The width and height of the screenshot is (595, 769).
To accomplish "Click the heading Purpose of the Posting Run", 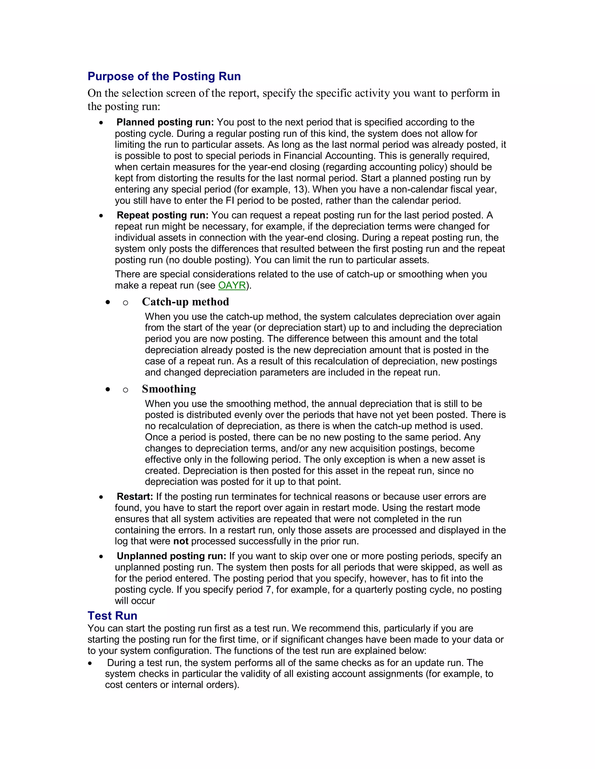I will [164, 76].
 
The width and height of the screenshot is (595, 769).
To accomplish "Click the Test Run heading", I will [112, 615].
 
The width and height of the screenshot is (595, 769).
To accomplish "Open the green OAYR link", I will [232, 285].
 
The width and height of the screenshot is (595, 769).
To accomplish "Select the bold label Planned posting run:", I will [165, 122].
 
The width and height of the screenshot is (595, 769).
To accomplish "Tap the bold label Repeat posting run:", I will [162, 215].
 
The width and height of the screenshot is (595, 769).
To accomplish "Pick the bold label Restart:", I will [135, 497].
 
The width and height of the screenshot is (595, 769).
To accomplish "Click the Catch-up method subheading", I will [185, 302].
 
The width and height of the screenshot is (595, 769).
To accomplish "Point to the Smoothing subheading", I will [169, 389].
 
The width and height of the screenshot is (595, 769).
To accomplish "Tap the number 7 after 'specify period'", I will [269, 589].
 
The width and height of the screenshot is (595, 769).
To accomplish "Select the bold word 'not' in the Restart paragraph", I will [180, 541].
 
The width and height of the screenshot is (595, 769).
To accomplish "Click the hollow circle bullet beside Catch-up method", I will [126, 302].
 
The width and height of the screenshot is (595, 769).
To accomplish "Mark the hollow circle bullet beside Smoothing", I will [126, 389].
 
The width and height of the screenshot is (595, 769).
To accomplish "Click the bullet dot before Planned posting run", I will [101, 123].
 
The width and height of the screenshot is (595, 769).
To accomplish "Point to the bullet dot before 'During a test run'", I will [90, 663].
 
